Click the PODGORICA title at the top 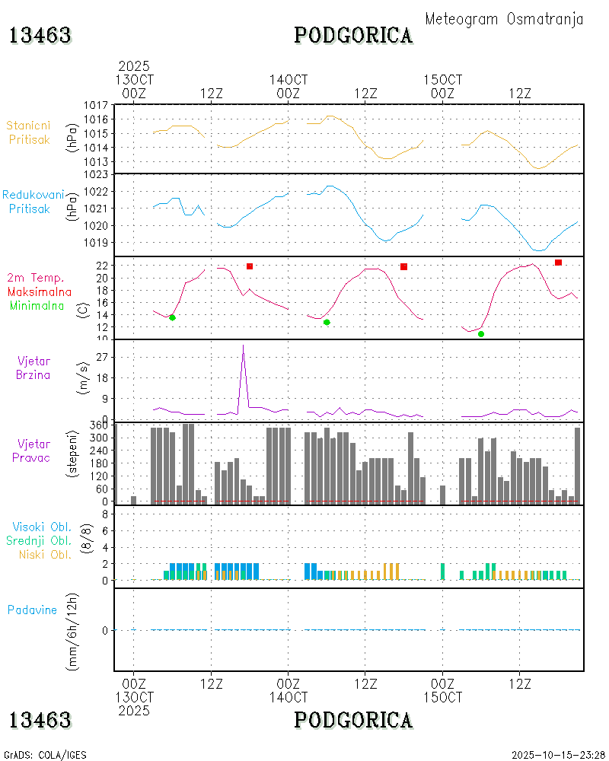[x=353, y=35]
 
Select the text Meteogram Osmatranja [x=504, y=19]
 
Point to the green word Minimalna [x=37, y=306]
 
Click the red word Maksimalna [x=40, y=292]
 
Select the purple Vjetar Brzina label [x=34, y=367]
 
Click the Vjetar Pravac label [x=34, y=450]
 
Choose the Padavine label [x=32, y=610]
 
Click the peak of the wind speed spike [x=243, y=345]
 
